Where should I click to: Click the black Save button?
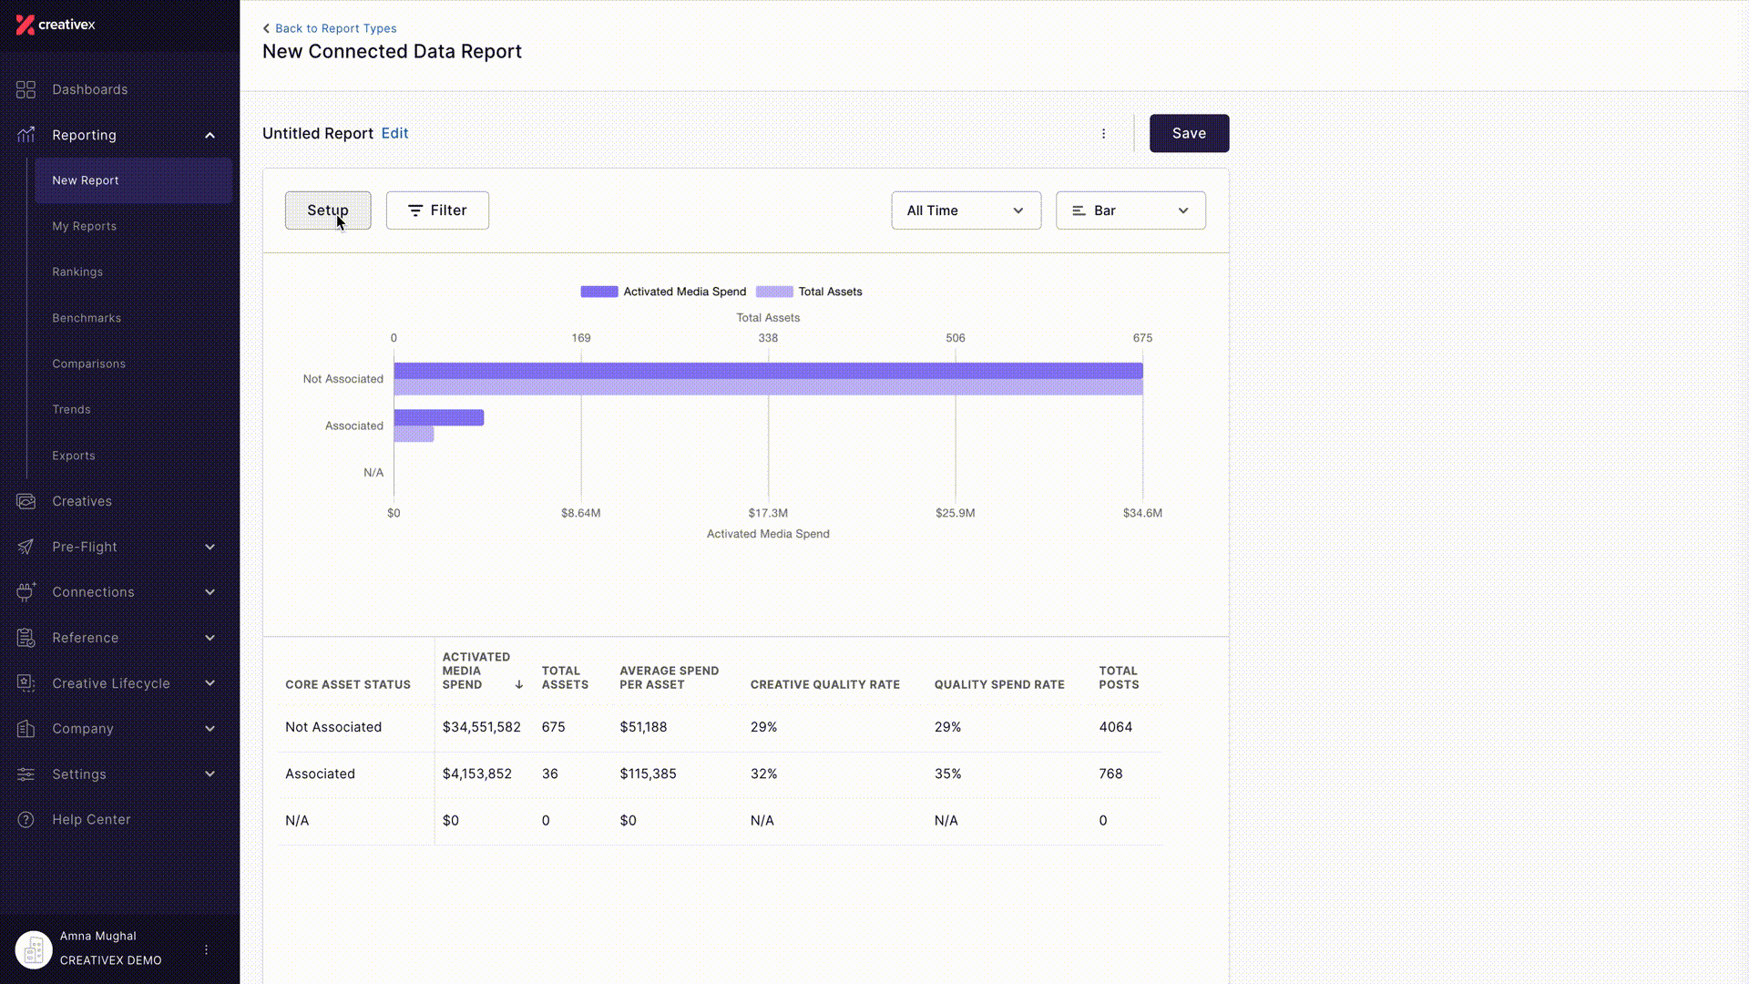(1189, 133)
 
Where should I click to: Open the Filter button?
(437, 210)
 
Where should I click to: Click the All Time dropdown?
(966, 210)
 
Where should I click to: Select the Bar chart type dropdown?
(1130, 210)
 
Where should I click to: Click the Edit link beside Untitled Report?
(394, 133)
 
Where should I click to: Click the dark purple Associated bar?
(439, 417)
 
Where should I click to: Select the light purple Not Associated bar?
(768, 387)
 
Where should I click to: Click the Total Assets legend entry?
(810, 292)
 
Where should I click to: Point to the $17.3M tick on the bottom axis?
(768, 513)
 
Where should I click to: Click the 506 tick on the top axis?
(956, 338)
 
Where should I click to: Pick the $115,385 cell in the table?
(649, 774)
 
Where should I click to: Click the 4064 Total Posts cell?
(1116, 727)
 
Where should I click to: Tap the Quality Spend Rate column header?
(999, 684)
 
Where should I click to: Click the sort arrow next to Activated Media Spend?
(519, 684)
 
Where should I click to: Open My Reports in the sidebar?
(85, 226)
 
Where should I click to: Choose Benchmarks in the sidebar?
(87, 318)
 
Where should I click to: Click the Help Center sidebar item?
(91, 819)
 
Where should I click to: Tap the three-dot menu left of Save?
(1103, 133)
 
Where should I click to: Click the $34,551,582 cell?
(482, 727)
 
